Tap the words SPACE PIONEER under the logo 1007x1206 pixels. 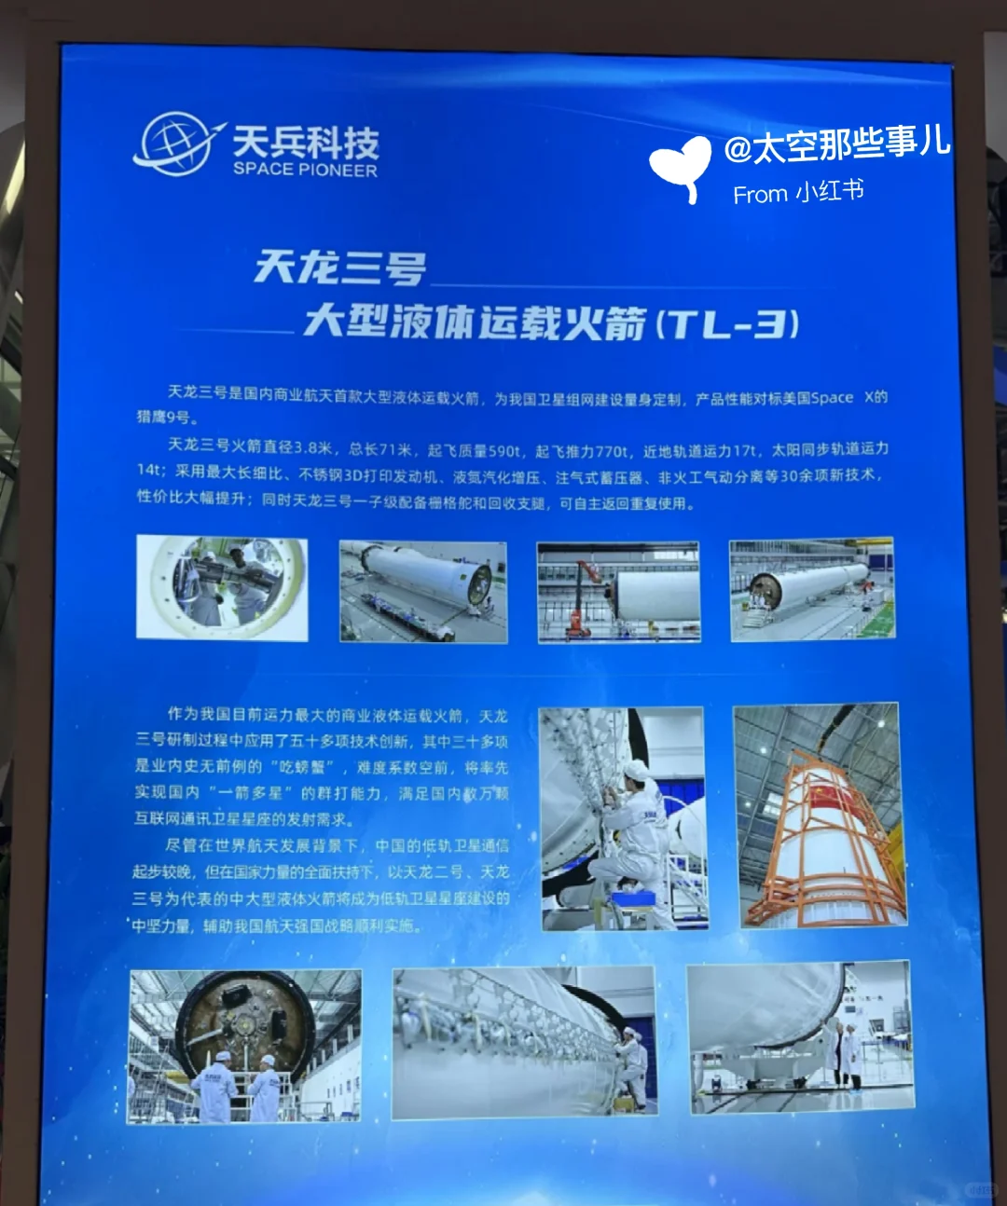coord(305,170)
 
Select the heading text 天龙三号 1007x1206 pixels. coord(339,268)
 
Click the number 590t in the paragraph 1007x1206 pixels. coord(504,451)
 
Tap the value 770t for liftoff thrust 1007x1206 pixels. coord(611,451)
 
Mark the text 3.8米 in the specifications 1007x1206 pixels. coord(313,448)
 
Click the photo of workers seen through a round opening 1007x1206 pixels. coord(222,587)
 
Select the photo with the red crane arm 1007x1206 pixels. coord(618,592)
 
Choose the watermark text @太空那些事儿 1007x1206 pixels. coord(836,144)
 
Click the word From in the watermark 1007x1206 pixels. coord(760,195)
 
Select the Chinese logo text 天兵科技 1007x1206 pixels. coord(306,142)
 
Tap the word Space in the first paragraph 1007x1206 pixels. coord(832,398)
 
